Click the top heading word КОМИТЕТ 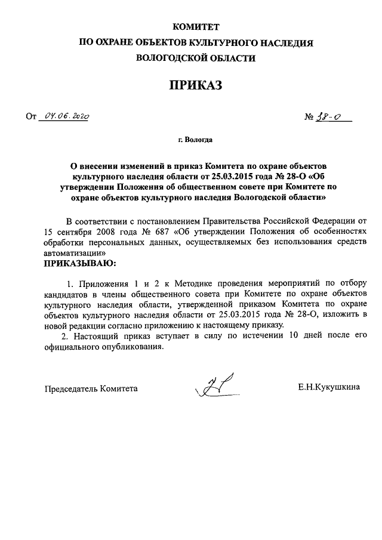(196, 27)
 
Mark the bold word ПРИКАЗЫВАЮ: (80, 263)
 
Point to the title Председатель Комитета (91, 388)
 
